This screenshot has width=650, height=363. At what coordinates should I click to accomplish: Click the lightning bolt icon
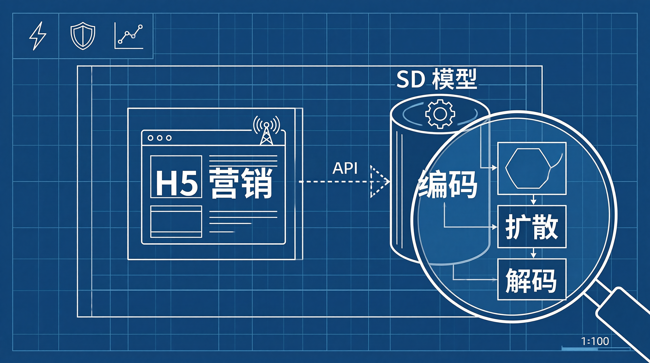(38, 36)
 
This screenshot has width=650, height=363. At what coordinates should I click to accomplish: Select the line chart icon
(129, 36)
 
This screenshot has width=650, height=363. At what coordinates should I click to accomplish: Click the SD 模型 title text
(437, 79)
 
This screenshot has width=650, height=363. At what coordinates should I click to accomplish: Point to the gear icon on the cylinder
(440, 114)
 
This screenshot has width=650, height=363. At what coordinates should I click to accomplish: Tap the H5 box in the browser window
(176, 177)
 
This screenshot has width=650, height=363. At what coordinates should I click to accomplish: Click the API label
(345, 168)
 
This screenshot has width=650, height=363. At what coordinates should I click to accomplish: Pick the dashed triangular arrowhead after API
(378, 181)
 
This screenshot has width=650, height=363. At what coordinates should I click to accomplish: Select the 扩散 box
(532, 226)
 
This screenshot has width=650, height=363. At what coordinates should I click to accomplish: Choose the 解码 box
(532, 279)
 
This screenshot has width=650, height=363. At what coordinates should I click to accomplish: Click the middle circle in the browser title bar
(159, 138)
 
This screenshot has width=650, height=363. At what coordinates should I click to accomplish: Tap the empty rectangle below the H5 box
(176, 222)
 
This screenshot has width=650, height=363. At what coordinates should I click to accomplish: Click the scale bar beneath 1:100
(596, 349)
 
